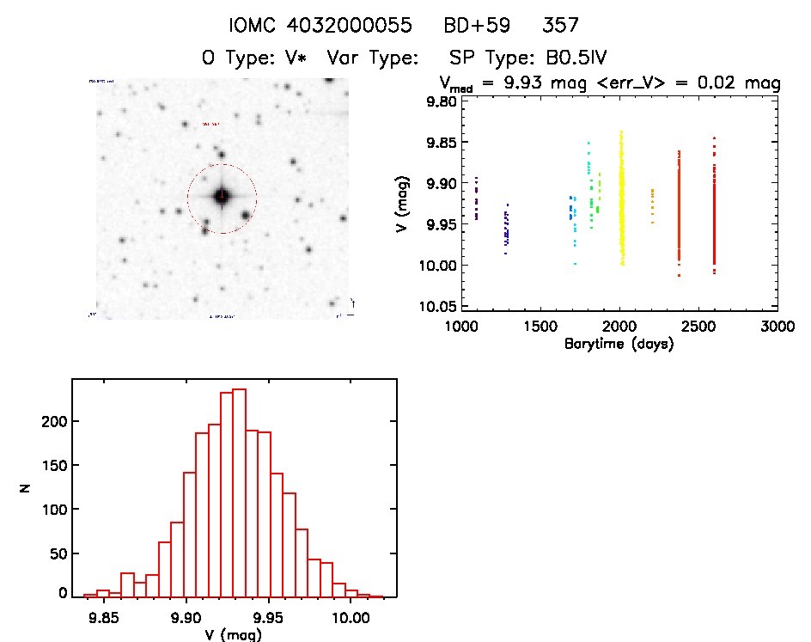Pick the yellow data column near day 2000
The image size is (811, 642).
(x=620, y=198)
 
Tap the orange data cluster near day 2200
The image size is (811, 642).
(x=652, y=205)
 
